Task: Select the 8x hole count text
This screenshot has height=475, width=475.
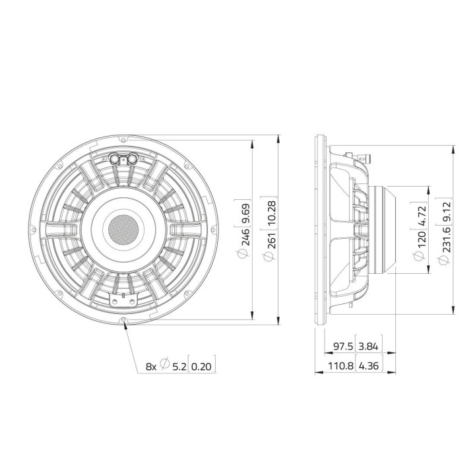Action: pyautogui.click(x=151, y=365)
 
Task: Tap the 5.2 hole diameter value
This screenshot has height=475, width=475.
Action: pyautogui.click(x=179, y=365)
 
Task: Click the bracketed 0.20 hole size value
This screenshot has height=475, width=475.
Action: pyautogui.click(x=203, y=365)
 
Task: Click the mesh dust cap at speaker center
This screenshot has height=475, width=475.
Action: pyautogui.click(x=123, y=228)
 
